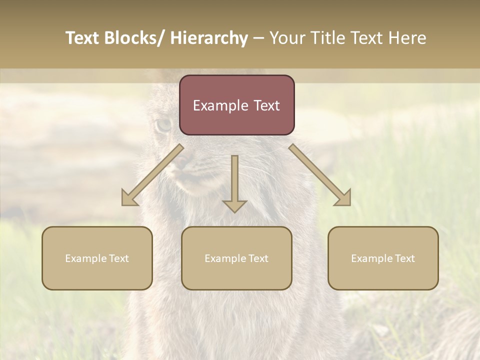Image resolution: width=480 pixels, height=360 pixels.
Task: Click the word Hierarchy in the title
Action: click(x=209, y=38)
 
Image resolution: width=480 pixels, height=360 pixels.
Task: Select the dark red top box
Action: click(x=236, y=105)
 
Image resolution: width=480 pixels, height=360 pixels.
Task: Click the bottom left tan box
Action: click(x=97, y=258)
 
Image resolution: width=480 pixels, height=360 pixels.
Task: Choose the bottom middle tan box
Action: click(x=236, y=258)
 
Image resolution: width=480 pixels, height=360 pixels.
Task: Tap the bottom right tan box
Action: click(x=383, y=258)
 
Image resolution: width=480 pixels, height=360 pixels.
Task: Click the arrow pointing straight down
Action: click(x=234, y=182)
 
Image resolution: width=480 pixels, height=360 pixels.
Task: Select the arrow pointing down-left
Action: click(x=152, y=175)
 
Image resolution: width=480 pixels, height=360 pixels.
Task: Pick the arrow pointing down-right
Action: click(x=320, y=175)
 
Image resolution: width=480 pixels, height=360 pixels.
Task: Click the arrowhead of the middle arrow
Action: click(x=234, y=205)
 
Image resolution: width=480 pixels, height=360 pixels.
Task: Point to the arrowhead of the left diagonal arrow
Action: click(x=128, y=199)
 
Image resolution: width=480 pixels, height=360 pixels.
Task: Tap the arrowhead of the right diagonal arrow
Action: click(x=344, y=199)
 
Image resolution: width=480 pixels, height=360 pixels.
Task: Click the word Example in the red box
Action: click(x=213, y=105)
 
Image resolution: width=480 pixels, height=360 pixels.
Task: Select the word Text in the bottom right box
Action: click(x=404, y=258)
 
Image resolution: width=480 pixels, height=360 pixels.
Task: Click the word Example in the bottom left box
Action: click(x=85, y=258)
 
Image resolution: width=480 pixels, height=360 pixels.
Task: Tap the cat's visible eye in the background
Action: click(x=163, y=124)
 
